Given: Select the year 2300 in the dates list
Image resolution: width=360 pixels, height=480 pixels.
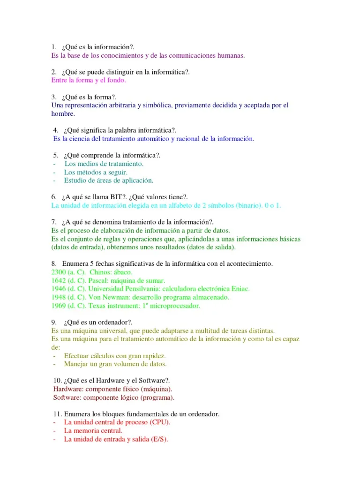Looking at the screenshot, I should coord(59,272).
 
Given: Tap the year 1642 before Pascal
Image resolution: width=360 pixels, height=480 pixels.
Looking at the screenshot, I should coord(59,280).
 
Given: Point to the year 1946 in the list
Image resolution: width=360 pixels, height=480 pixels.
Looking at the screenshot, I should coord(59,289).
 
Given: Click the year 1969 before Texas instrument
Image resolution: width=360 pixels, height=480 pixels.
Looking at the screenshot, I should coord(59,306).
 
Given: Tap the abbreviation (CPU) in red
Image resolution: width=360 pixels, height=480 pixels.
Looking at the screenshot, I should coord(160,422).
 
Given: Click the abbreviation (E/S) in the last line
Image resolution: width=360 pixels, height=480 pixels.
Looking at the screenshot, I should coord(159,439).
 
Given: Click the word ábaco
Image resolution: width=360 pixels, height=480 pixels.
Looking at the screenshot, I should coord(122,272).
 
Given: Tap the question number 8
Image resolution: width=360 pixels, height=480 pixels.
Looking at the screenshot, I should coord(53,263).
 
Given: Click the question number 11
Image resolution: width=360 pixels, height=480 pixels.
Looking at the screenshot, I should coord(57,414).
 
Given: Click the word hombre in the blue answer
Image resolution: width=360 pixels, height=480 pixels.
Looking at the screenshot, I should coord(63,113).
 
